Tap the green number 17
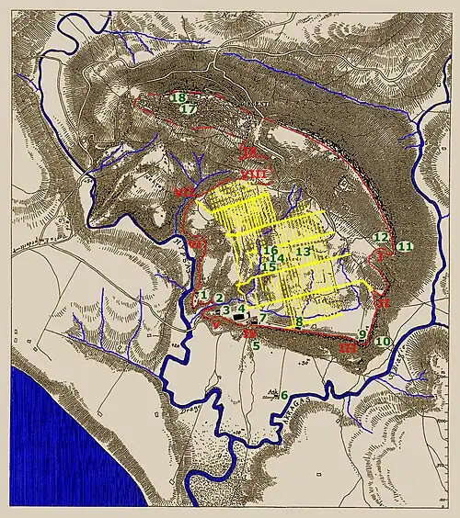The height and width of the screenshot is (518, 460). coord(189,109)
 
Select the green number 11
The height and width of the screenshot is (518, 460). coord(406,246)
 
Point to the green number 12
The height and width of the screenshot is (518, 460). coord(381,238)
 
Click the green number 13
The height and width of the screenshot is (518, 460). coord(304,251)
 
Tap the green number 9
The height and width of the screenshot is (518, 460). coord(362,333)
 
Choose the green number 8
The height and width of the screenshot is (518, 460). coord(299,321)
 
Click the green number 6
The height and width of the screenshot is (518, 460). coord(284,395)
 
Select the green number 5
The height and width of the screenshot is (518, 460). coord(256,346)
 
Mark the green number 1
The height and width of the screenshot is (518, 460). coord(204,295)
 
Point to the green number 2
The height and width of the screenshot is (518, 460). coord(220,297)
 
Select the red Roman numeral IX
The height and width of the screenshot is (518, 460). coord(247,151)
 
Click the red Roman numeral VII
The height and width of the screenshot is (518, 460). coord(186,192)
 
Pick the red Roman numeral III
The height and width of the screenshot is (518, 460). coord(347,348)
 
